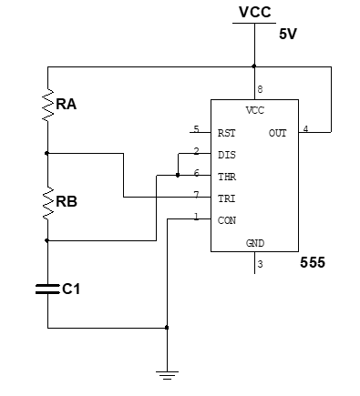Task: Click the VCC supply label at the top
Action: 254,12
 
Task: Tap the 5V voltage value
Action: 289,36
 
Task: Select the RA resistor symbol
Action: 47,107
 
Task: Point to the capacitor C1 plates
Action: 47,289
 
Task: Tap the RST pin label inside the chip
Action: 227,133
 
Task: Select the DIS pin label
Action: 227,155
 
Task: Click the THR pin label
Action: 227,176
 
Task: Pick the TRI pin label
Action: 227,198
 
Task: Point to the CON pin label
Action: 227,220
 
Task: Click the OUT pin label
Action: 278,133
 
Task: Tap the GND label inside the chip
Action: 255,244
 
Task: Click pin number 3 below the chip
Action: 260,264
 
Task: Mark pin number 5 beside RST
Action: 196,128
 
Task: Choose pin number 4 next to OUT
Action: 304,128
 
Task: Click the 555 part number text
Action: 313,263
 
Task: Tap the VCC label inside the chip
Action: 255,109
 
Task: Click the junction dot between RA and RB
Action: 47,153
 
